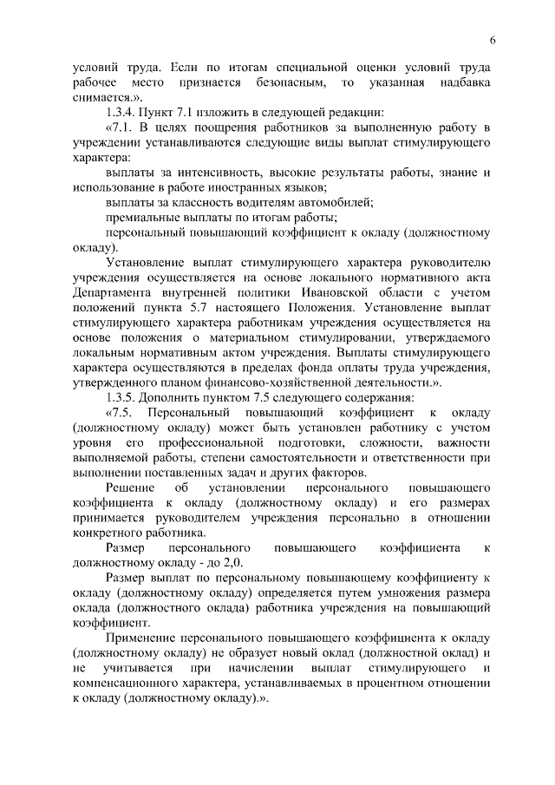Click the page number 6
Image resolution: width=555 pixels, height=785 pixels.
(x=492, y=40)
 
